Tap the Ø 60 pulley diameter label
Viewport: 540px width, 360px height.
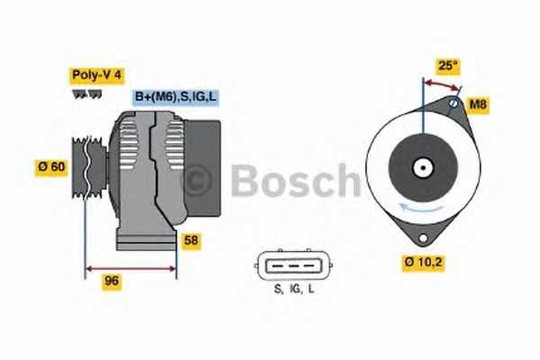point(51,167)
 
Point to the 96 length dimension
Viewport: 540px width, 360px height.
point(112,281)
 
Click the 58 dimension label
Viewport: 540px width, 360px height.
point(191,240)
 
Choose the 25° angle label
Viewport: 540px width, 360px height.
point(447,65)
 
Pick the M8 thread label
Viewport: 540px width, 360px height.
point(479,105)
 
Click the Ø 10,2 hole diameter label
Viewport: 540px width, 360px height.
point(421,263)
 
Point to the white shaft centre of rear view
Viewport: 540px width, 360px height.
point(422,167)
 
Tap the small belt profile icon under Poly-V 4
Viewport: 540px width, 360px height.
point(87,94)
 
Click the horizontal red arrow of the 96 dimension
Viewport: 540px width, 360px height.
point(130,267)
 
